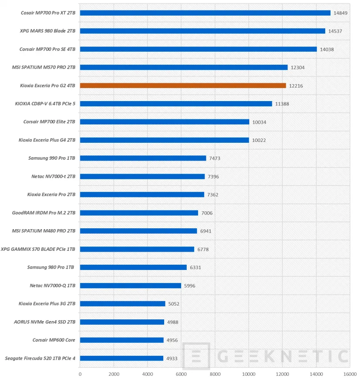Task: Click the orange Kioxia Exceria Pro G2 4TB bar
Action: coord(183,85)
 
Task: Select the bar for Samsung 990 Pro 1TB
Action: coord(143,158)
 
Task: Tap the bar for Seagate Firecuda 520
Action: coord(122,358)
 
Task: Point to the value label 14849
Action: coord(340,13)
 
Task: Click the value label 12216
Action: coord(296,86)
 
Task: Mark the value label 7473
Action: coord(215,158)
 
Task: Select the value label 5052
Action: coord(174,304)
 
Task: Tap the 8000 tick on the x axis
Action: coord(215,373)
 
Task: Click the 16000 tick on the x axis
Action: coord(350,373)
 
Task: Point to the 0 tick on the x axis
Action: coord(80,373)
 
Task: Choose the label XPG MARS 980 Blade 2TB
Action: coord(47,31)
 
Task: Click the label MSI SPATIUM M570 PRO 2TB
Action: coord(44,67)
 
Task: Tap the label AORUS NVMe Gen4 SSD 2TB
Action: coord(45,322)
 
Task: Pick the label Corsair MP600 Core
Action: coord(54,340)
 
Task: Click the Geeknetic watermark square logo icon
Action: coord(196,356)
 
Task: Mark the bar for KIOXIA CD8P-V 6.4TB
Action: coord(176,104)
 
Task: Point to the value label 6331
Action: coord(196,267)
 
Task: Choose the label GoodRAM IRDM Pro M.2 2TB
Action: coord(44,213)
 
